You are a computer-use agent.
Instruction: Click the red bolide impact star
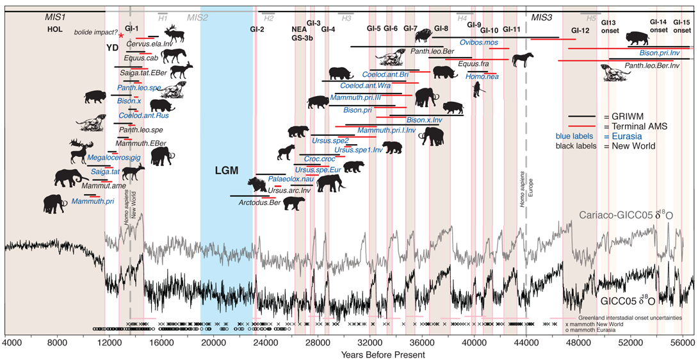[x=121, y=36]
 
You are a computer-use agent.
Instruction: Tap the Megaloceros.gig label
[x=113, y=157]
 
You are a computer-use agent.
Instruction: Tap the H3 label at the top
[x=346, y=18]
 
